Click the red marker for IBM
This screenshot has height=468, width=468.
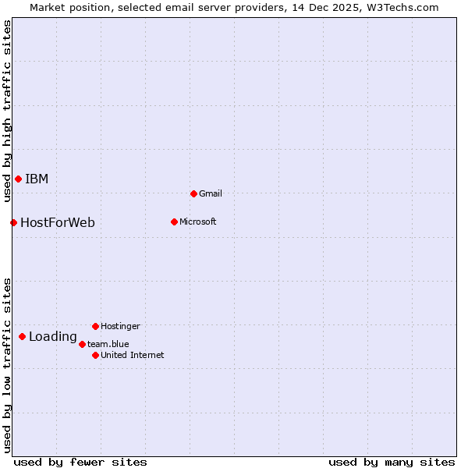(18, 179)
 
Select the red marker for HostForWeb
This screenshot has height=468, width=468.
(13, 223)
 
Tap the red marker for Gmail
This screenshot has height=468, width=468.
(193, 193)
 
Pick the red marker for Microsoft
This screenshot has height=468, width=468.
(174, 222)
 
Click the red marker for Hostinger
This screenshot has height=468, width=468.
(95, 326)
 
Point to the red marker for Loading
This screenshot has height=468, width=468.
(22, 337)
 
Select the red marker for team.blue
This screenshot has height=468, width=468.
(82, 344)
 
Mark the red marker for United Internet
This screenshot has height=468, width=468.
(95, 355)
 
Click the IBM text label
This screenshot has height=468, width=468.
(37, 179)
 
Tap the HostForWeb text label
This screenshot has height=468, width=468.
(58, 223)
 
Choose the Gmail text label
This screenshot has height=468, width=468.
(211, 193)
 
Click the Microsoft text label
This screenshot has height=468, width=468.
(198, 222)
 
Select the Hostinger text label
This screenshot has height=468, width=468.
(120, 326)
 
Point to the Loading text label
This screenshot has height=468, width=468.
(53, 337)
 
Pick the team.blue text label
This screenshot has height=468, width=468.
(108, 344)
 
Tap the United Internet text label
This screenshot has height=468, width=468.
(133, 355)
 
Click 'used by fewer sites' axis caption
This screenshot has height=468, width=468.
(80, 462)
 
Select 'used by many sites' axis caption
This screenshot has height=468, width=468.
(392, 462)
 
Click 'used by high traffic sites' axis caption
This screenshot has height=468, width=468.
(7, 111)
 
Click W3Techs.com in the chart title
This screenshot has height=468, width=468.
(402, 7)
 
